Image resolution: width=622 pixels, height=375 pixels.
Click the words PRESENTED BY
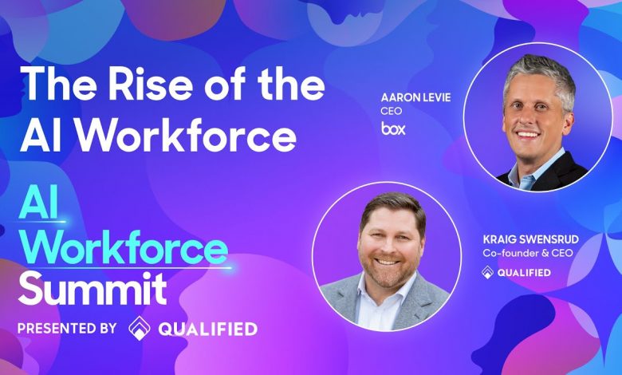point(67,328)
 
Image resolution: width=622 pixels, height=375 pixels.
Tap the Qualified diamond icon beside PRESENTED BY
point(140,328)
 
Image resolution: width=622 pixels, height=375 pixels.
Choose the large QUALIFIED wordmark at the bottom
point(208,329)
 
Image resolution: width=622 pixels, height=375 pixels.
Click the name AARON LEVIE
point(415,97)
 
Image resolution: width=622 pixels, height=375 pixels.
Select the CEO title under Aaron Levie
point(391,111)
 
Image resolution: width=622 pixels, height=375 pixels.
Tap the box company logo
point(393,128)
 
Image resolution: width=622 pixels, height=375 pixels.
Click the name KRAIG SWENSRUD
point(531,239)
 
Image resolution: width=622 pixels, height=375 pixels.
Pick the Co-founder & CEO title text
point(528,253)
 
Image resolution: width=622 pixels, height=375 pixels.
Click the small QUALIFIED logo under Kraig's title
point(516,272)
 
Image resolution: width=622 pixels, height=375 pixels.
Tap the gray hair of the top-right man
point(540,71)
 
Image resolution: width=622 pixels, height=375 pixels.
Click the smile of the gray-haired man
point(529,135)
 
